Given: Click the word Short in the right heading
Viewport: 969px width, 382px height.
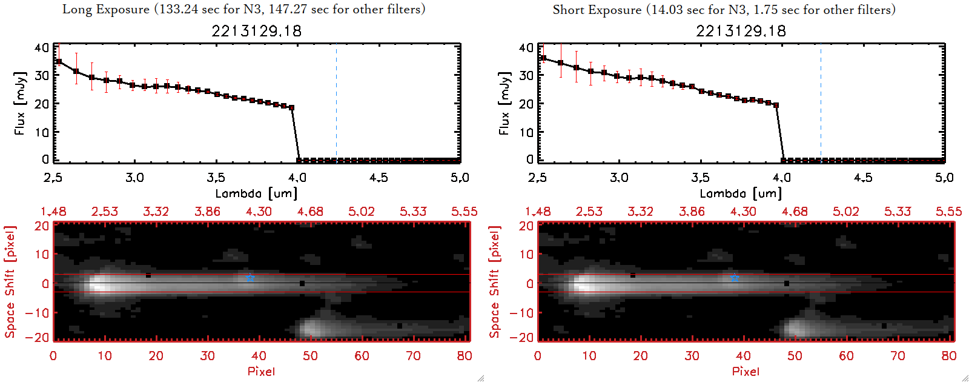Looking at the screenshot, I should coord(568,10).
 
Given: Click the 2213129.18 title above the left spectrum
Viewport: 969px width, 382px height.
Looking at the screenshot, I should coord(256,31).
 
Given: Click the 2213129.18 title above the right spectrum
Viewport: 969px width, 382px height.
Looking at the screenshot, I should coord(741,31).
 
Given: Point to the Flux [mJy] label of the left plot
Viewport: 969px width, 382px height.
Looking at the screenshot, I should coord(21,103).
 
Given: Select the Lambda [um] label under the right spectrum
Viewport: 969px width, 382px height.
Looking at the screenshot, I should coord(741,193).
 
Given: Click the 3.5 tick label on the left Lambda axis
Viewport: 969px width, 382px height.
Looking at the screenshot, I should coord(216,178).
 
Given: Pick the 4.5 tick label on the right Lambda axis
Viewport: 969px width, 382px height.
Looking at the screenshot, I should coord(863,178).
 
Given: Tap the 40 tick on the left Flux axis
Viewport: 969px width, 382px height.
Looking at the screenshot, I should coord(42,48).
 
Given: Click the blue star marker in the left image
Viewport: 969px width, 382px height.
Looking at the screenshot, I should coord(250,277).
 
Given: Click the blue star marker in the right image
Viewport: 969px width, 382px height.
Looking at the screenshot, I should coord(735,277).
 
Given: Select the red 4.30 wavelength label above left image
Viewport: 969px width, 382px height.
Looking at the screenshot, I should coord(259,212).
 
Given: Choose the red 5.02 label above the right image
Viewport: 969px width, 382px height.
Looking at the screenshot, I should coord(845,212).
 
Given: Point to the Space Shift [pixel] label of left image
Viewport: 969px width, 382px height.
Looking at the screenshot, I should coord(10,282).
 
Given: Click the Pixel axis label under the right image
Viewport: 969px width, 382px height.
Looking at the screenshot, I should coord(746,371).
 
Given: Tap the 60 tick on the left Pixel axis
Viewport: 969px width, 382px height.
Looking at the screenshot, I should coord(362,356).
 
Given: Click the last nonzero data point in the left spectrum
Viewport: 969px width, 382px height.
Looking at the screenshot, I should coord(291,108).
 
